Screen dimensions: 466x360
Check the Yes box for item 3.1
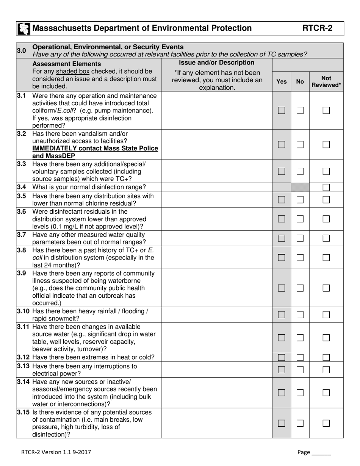coord(282,111)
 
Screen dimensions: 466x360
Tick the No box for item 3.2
coord(300,145)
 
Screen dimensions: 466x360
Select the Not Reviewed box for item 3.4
coord(326,187)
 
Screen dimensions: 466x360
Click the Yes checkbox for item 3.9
coord(282,288)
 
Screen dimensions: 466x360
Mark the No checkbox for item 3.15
coord(300,423)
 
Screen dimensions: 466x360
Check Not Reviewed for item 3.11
coord(326,338)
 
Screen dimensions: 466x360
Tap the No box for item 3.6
coord(300,219)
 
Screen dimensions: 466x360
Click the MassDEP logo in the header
coord(24,28)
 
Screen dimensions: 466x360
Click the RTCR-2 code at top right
coord(317,28)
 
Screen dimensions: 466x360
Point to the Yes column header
coord(282,81)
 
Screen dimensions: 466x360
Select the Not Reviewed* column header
coord(326,81)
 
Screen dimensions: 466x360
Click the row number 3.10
coord(23,311)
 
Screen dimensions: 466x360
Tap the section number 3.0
coord(22,50)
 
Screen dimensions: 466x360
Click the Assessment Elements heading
coord(67,64)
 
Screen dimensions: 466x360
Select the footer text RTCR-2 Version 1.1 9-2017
coord(56,452)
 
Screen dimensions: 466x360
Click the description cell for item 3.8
coord(216,258)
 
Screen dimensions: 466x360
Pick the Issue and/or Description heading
coord(216,63)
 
